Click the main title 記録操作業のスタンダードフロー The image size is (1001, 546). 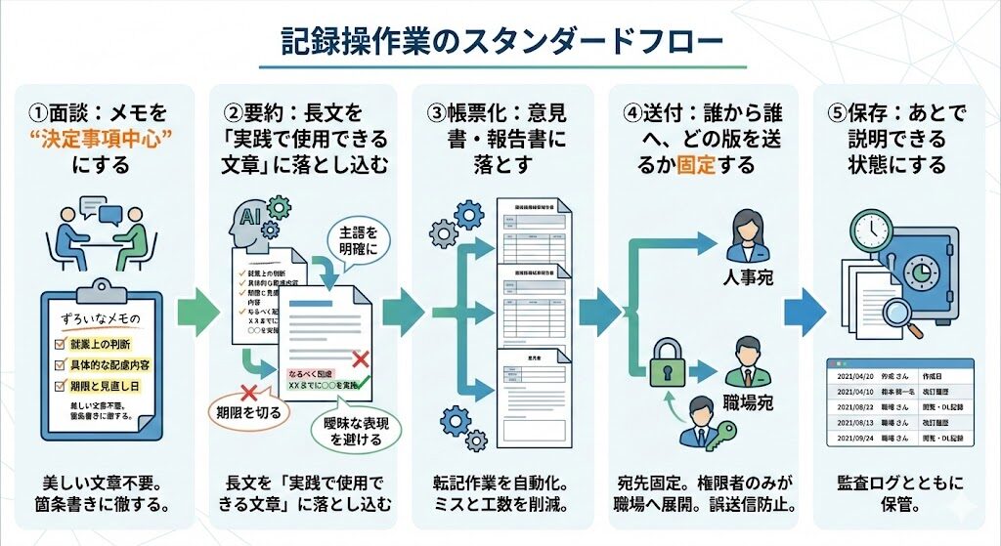click(x=501, y=41)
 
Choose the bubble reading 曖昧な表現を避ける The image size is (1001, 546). click(x=349, y=430)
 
